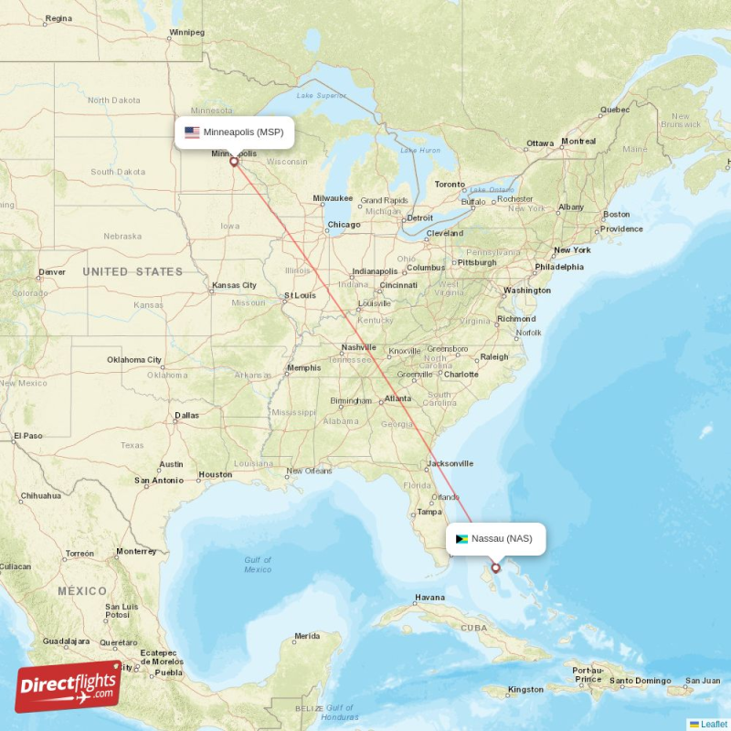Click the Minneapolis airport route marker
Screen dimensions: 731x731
click(x=234, y=163)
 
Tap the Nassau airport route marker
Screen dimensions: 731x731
click(x=496, y=567)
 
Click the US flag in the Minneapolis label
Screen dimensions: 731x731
click(x=192, y=132)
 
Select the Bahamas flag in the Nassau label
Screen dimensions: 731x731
click(x=461, y=539)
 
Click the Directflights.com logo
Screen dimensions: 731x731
click(x=69, y=686)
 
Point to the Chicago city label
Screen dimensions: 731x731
click(x=344, y=225)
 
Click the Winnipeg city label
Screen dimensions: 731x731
click(x=186, y=33)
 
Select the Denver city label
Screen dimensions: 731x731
click(x=52, y=272)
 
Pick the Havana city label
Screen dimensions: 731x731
click(x=429, y=599)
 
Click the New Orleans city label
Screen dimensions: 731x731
click(x=308, y=471)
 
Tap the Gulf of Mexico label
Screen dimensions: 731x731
click(x=258, y=565)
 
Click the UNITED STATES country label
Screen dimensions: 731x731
click(x=132, y=271)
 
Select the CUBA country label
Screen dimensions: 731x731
click(x=474, y=628)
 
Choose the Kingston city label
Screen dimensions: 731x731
click(x=526, y=689)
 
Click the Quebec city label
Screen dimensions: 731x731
click(x=615, y=111)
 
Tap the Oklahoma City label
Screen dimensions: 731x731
click(x=134, y=360)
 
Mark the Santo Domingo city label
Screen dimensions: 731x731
click(x=641, y=681)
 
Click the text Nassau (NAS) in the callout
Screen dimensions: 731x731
click(x=502, y=538)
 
